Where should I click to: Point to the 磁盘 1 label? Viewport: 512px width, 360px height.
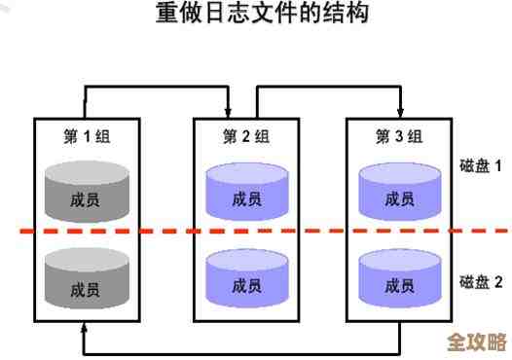[481, 166]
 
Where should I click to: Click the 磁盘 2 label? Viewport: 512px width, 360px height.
[481, 282]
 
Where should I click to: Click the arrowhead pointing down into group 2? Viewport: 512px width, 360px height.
[230, 111]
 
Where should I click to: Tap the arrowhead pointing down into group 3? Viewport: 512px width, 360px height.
[400, 111]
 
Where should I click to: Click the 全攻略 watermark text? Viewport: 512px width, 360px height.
[476, 342]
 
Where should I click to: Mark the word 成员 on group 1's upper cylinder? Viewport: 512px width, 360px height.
[86, 200]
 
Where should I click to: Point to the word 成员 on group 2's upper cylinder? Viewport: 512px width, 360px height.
[246, 200]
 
